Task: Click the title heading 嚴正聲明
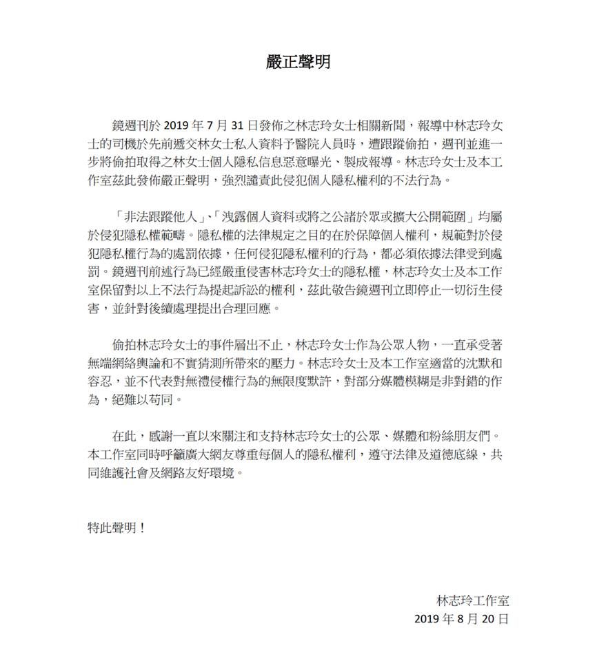(298, 63)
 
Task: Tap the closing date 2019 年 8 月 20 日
(461, 618)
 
